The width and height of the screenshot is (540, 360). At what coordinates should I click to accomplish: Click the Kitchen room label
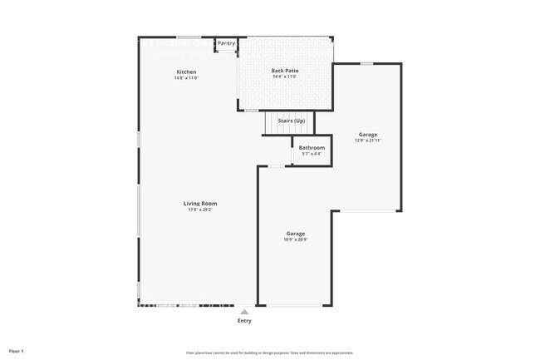point(186,72)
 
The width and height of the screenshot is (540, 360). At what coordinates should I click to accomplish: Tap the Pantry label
point(226,43)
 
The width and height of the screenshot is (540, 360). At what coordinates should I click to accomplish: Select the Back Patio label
point(285,72)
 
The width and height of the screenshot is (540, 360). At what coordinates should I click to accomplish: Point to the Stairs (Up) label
point(291,121)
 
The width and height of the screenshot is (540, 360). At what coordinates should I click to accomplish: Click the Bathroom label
point(312,148)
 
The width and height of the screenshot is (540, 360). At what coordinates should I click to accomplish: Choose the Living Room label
point(200,204)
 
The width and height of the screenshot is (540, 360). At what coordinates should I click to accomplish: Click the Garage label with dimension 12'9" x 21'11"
point(368,135)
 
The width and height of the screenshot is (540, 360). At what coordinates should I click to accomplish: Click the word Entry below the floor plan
point(244,320)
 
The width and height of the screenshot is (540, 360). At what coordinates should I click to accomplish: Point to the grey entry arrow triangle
point(244,312)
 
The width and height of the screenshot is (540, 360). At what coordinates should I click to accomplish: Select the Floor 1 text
point(17,351)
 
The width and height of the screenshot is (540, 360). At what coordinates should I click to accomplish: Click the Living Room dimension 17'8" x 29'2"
point(200,210)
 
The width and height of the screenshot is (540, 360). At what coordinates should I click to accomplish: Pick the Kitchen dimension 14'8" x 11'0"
point(186,77)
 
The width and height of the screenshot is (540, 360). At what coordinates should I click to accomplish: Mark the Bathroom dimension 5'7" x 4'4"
point(312,154)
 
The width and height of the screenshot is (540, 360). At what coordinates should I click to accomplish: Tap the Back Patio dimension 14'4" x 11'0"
point(285,77)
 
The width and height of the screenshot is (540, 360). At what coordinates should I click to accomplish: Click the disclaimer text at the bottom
point(269,352)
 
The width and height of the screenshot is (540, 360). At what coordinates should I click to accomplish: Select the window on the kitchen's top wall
point(188,37)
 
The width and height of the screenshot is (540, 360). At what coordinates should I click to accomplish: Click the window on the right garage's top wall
point(366,63)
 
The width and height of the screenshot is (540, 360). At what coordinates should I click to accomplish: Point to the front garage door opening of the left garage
point(294,305)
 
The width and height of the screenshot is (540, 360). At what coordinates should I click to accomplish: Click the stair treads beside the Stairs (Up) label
point(272,123)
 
